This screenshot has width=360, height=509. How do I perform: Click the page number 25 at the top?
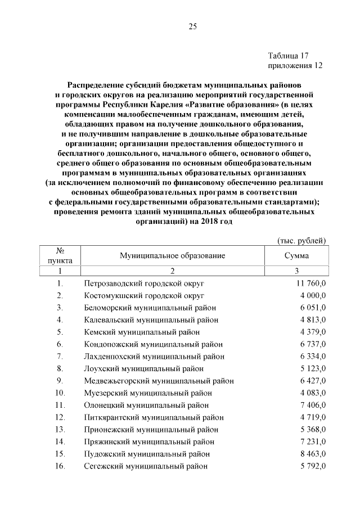[192, 26]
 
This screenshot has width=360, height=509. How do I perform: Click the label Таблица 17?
[289, 56]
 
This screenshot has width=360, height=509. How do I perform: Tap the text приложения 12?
[295, 65]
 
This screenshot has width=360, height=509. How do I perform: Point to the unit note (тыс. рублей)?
[303, 241]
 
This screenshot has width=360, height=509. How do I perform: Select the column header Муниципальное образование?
[172, 255]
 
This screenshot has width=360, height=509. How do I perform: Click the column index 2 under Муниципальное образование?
[172, 270]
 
